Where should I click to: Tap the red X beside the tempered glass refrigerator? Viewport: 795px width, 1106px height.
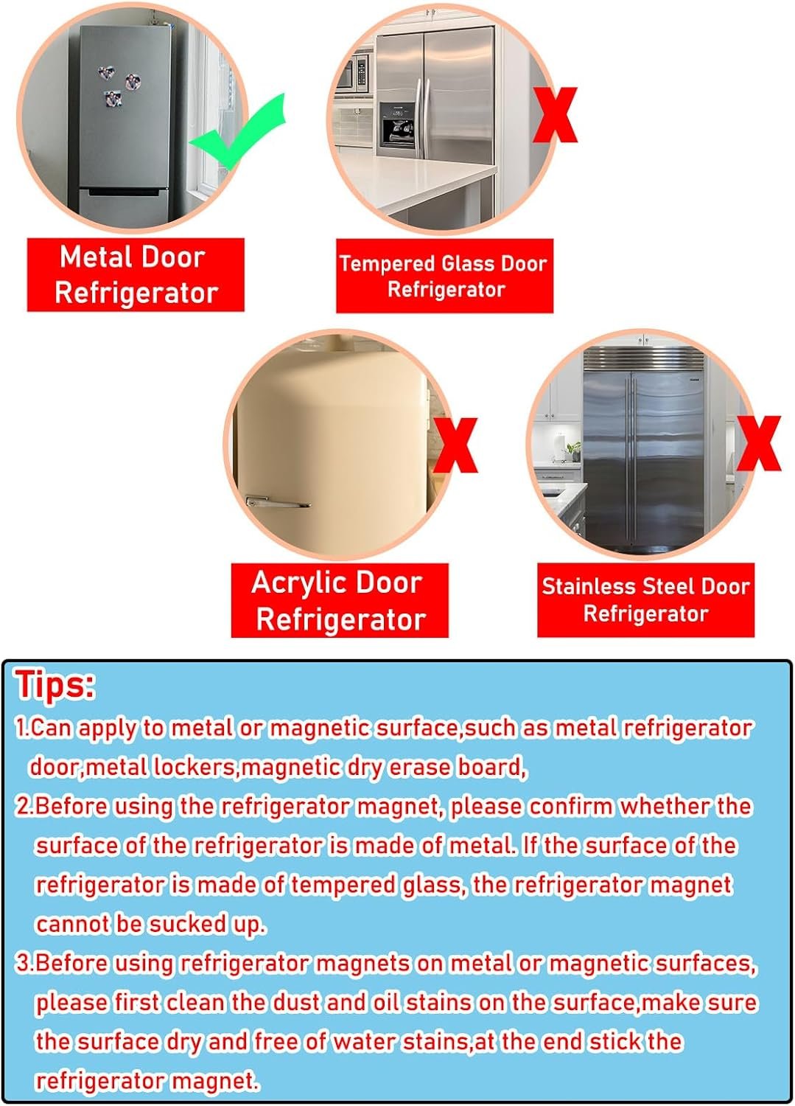[555, 116]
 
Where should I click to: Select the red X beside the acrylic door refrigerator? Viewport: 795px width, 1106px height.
[455, 445]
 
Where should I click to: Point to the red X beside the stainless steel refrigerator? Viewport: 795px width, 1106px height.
[758, 443]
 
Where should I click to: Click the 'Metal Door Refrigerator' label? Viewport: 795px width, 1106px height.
[136, 275]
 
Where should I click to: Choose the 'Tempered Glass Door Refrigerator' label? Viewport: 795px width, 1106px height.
[444, 276]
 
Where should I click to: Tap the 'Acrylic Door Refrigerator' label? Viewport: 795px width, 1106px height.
[340, 600]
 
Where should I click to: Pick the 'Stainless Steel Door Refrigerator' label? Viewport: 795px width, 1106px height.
[646, 600]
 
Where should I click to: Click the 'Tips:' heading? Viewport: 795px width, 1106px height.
[55, 685]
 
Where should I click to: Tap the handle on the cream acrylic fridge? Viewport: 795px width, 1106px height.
[277, 503]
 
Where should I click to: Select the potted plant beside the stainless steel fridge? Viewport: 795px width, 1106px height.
[573, 452]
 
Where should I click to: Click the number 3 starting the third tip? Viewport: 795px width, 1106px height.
[22, 964]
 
